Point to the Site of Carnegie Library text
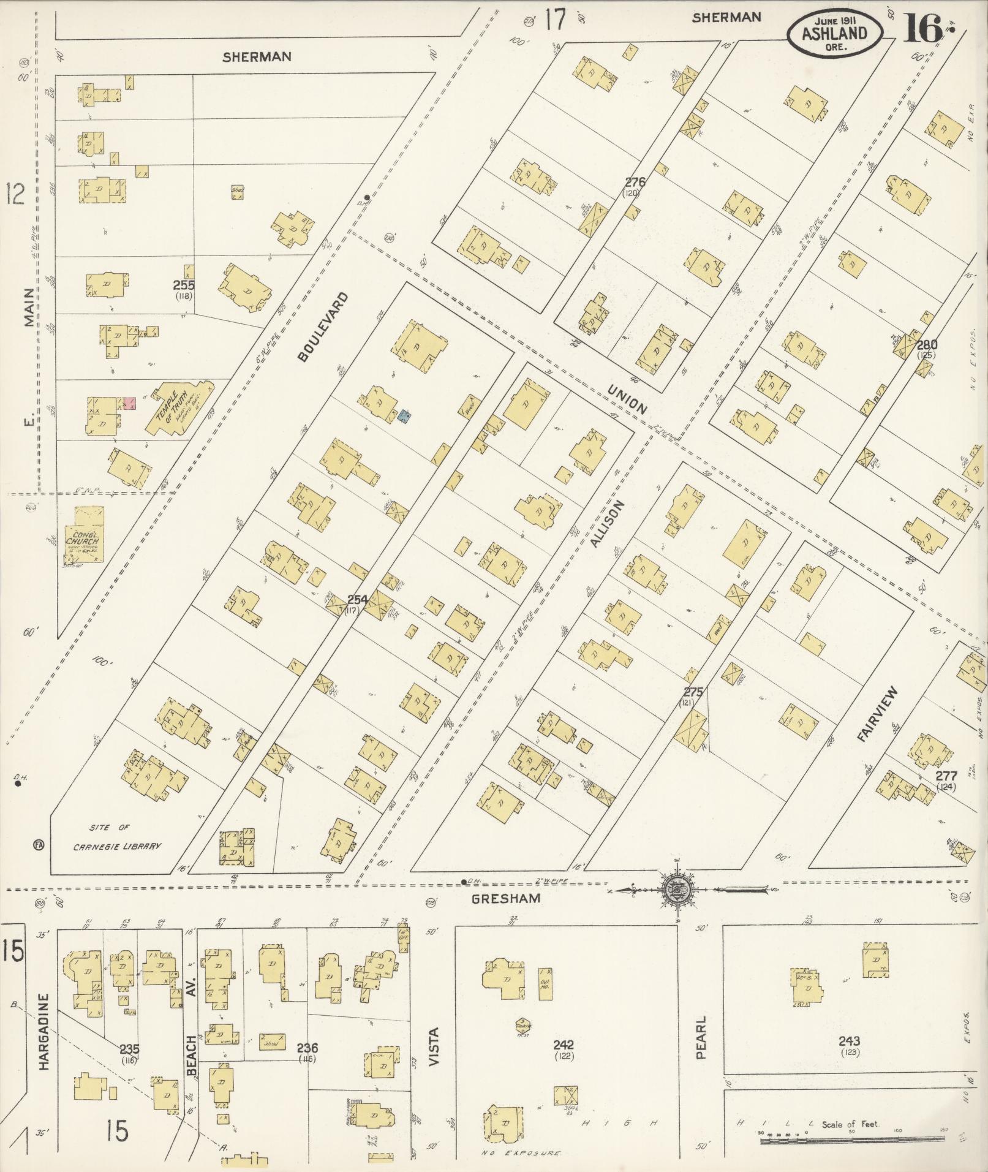pyautogui.click(x=117, y=837)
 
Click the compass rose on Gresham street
pyautogui.click(x=678, y=888)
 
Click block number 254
pyautogui.click(x=356, y=600)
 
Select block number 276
pyautogui.click(x=636, y=182)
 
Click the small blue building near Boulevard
pyautogui.click(x=404, y=417)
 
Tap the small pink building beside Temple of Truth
pyautogui.click(x=129, y=403)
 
